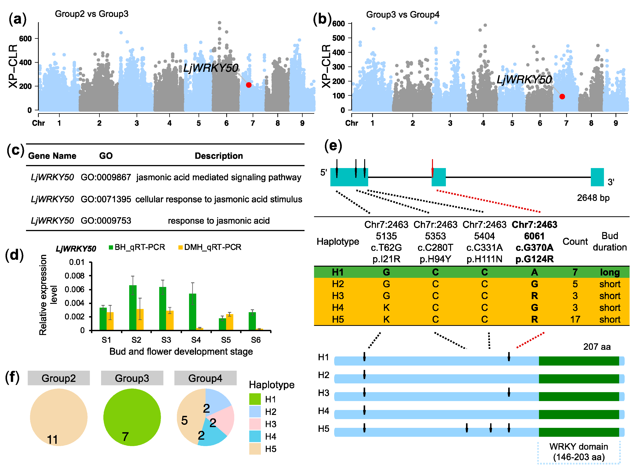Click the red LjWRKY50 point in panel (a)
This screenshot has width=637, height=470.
pos(249,85)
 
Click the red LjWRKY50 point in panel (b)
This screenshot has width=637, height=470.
pos(562,96)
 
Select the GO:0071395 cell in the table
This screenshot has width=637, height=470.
pos(106,199)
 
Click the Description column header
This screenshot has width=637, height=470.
pos(219,156)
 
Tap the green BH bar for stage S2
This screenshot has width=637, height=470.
pos(133,308)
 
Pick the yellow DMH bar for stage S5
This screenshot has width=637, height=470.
pos(230,322)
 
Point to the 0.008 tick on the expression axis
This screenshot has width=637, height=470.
pos(75,276)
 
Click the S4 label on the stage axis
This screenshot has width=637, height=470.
pos(196,340)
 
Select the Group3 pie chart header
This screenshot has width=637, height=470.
pos(132,378)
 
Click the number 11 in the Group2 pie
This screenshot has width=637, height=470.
pos(52,440)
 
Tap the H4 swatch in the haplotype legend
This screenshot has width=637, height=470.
pos(255,436)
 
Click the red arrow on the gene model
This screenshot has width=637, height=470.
pos(432,169)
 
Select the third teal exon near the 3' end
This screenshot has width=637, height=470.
pos(597,177)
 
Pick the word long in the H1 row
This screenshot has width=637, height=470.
pos(610,272)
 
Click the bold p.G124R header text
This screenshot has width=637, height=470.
pos(535,259)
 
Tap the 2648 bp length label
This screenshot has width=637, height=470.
pos(593,198)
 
